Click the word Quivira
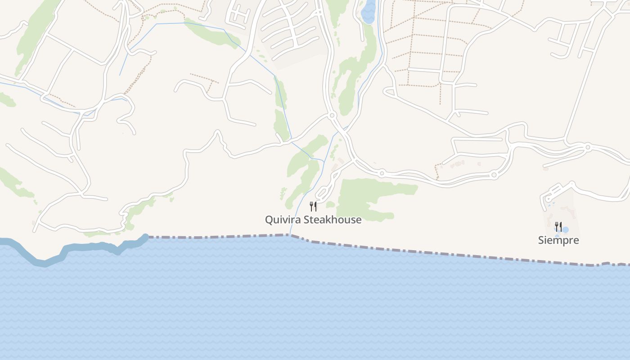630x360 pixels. click(283, 220)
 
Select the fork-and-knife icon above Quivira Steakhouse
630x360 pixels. click(313, 207)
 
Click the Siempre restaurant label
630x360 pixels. click(558, 240)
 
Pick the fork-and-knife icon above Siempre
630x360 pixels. click(558, 226)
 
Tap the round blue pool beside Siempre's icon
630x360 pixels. click(565, 230)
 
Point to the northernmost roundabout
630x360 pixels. click(332, 116)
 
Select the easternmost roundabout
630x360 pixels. click(588, 147)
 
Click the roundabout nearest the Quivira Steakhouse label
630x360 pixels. click(382, 173)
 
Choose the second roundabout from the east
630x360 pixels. click(494, 175)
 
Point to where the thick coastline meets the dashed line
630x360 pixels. click(147, 236)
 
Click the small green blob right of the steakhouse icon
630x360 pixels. click(330, 205)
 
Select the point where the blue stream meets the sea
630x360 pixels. click(290, 234)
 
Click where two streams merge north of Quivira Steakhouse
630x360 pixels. click(323, 161)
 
